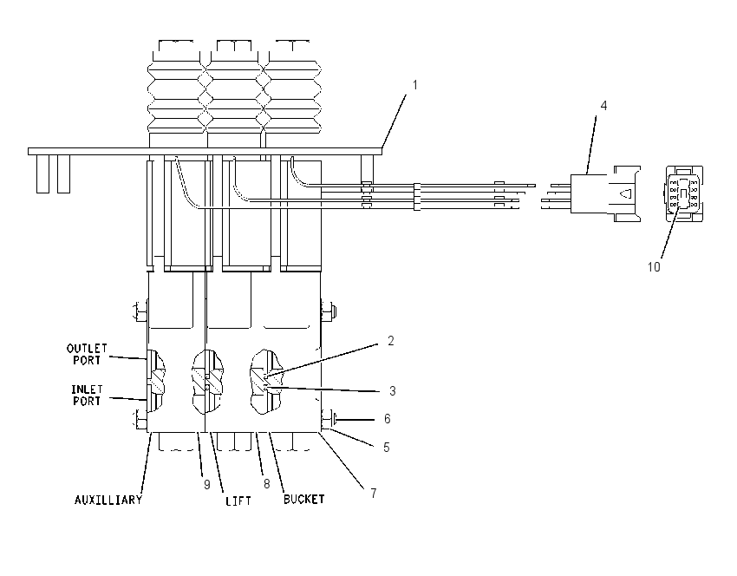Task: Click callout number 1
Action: click(x=414, y=85)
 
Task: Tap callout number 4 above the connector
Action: click(x=604, y=106)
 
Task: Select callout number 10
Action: click(x=654, y=267)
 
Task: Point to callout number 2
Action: click(x=390, y=341)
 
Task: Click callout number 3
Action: click(x=393, y=390)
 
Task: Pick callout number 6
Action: click(x=388, y=418)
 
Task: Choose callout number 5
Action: click(x=387, y=447)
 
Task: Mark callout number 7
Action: click(x=373, y=494)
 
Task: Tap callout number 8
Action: click(x=266, y=484)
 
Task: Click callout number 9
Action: click(x=207, y=485)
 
